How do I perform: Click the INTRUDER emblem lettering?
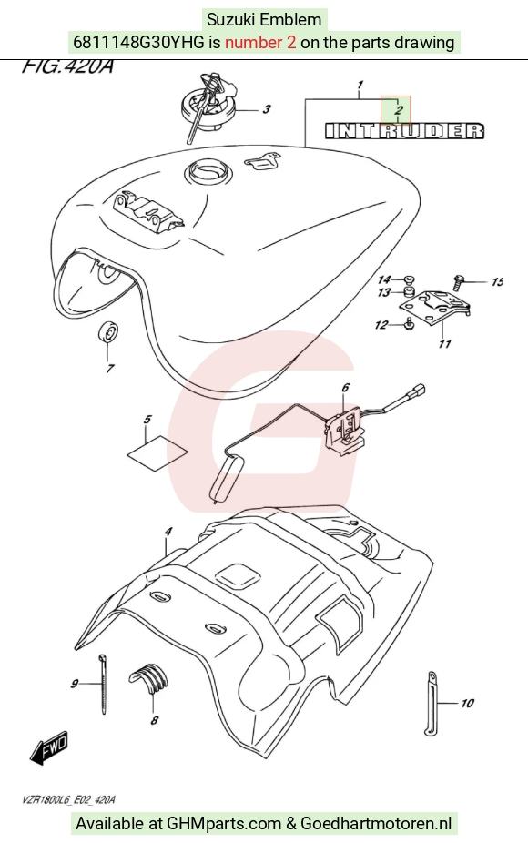pyautogui.click(x=404, y=131)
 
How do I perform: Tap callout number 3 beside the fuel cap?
pyautogui.click(x=267, y=109)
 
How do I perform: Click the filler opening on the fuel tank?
pyautogui.click(x=209, y=173)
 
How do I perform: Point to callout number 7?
pyautogui.click(x=110, y=369)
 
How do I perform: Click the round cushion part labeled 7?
pyautogui.click(x=108, y=332)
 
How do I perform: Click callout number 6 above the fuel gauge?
pyautogui.click(x=345, y=388)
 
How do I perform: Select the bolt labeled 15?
pyautogui.click(x=458, y=281)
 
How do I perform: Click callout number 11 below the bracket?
pyautogui.click(x=444, y=343)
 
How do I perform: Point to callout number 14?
pyautogui.click(x=384, y=279)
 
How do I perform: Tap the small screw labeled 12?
pyautogui.click(x=409, y=323)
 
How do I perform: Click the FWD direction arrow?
pyautogui.click(x=49, y=747)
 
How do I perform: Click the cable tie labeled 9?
pyautogui.click(x=102, y=684)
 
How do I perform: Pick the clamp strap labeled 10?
pyautogui.click(x=432, y=702)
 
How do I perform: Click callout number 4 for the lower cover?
pyautogui.click(x=168, y=532)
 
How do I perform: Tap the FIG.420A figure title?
pyautogui.click(x=67, y=66)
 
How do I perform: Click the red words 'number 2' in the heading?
pyautogui.click(x=260, y=42)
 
